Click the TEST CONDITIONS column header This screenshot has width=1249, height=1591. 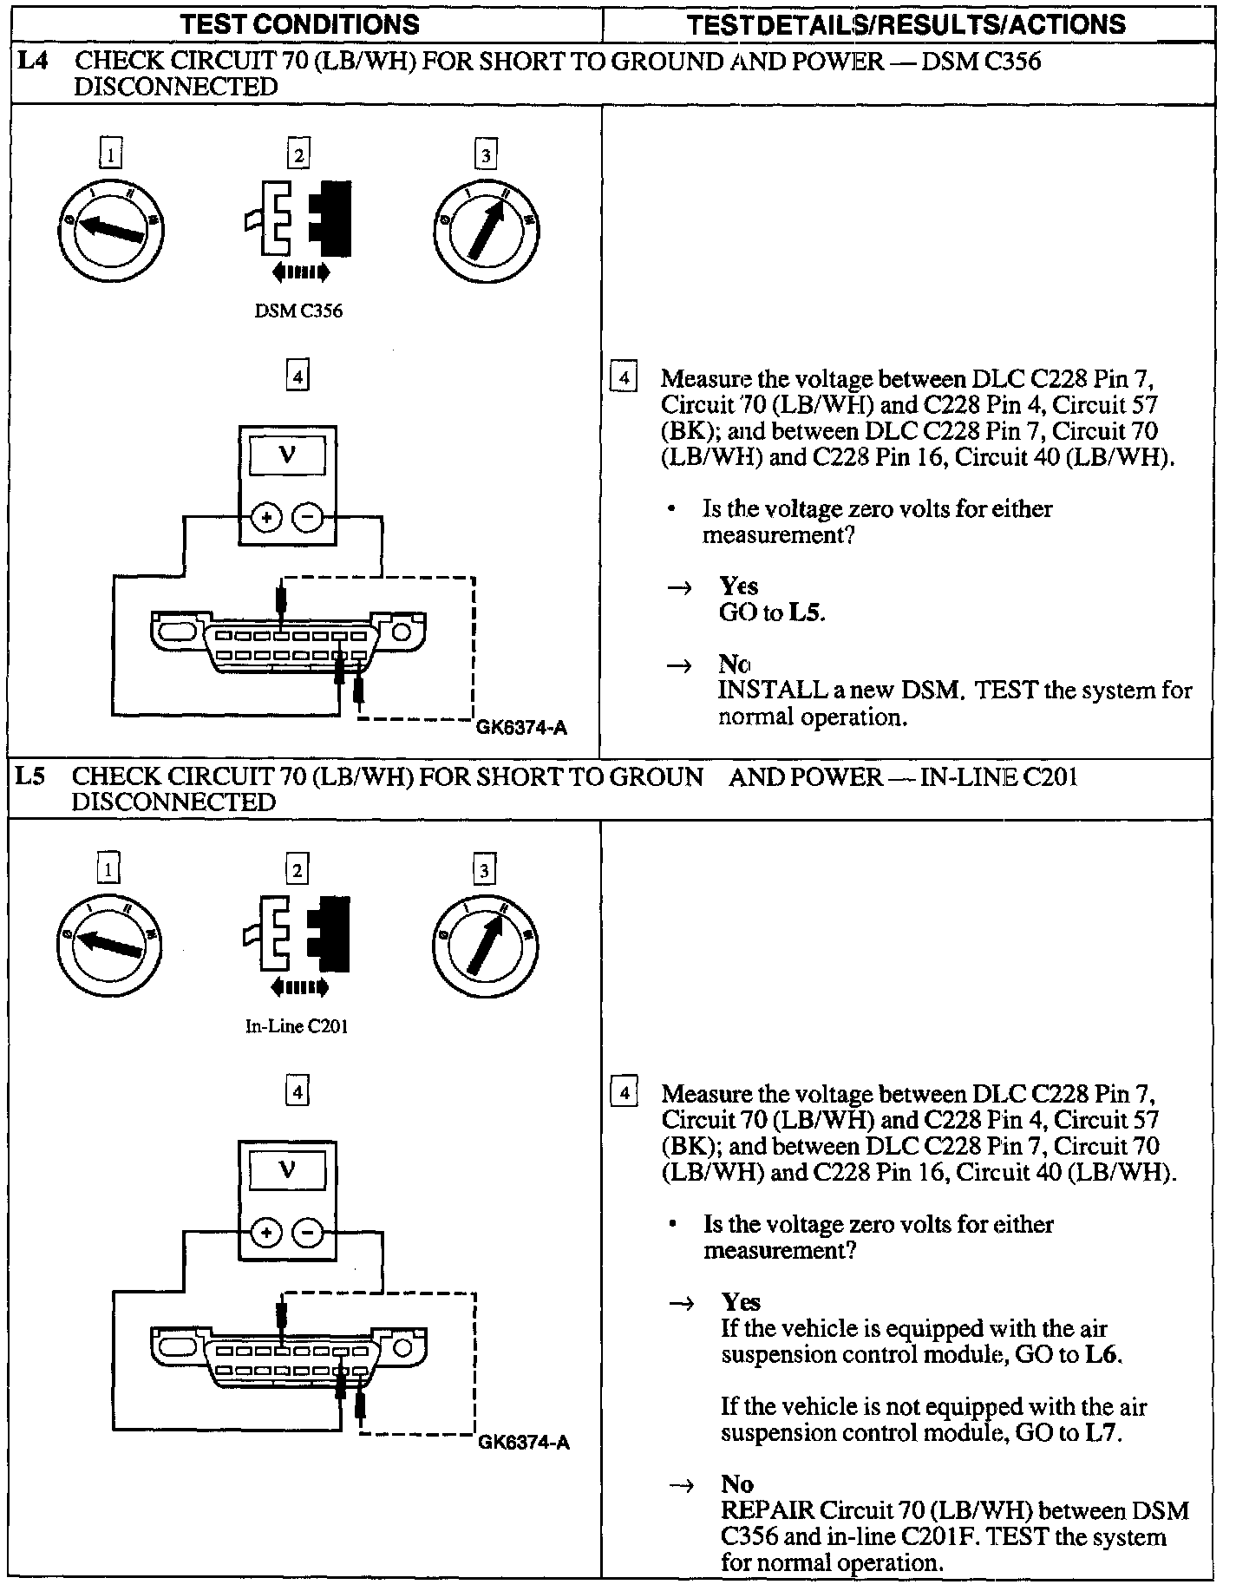click(x=299, y=23)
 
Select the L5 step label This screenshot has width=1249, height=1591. click(x=30, y=776)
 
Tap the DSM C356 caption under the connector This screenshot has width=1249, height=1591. click(x=298, y=311)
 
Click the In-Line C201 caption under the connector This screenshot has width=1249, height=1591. click(x=297, y=1026)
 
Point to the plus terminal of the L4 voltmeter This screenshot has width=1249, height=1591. click(x=267, y=518)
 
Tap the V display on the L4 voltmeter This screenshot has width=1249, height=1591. click(x=287, y=455)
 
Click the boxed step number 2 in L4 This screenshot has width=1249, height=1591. click(x=298, y=155)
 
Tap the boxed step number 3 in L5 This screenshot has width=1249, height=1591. click(x=484, y=870)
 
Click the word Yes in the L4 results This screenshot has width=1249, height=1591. click(x=739, y=586)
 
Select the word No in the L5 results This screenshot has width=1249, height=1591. click(x=737, y=1483)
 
